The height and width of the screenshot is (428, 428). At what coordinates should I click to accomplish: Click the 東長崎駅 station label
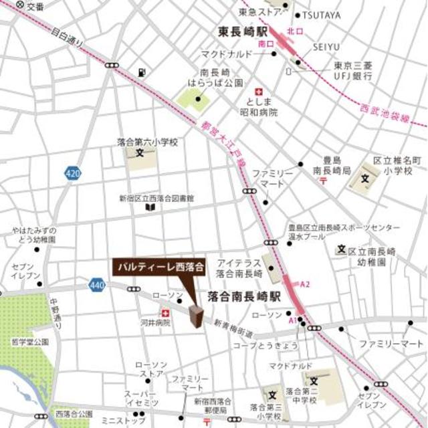click(241, 31)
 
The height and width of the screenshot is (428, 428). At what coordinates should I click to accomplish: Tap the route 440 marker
click(96, 286)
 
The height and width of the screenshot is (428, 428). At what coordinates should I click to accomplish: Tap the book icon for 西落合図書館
click(150, 209)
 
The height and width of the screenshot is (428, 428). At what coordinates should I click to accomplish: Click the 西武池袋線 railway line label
click(384, 113)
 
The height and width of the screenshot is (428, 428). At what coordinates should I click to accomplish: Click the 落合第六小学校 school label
click(147, 142)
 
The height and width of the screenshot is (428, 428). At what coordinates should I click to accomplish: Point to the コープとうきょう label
click(256, 346)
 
